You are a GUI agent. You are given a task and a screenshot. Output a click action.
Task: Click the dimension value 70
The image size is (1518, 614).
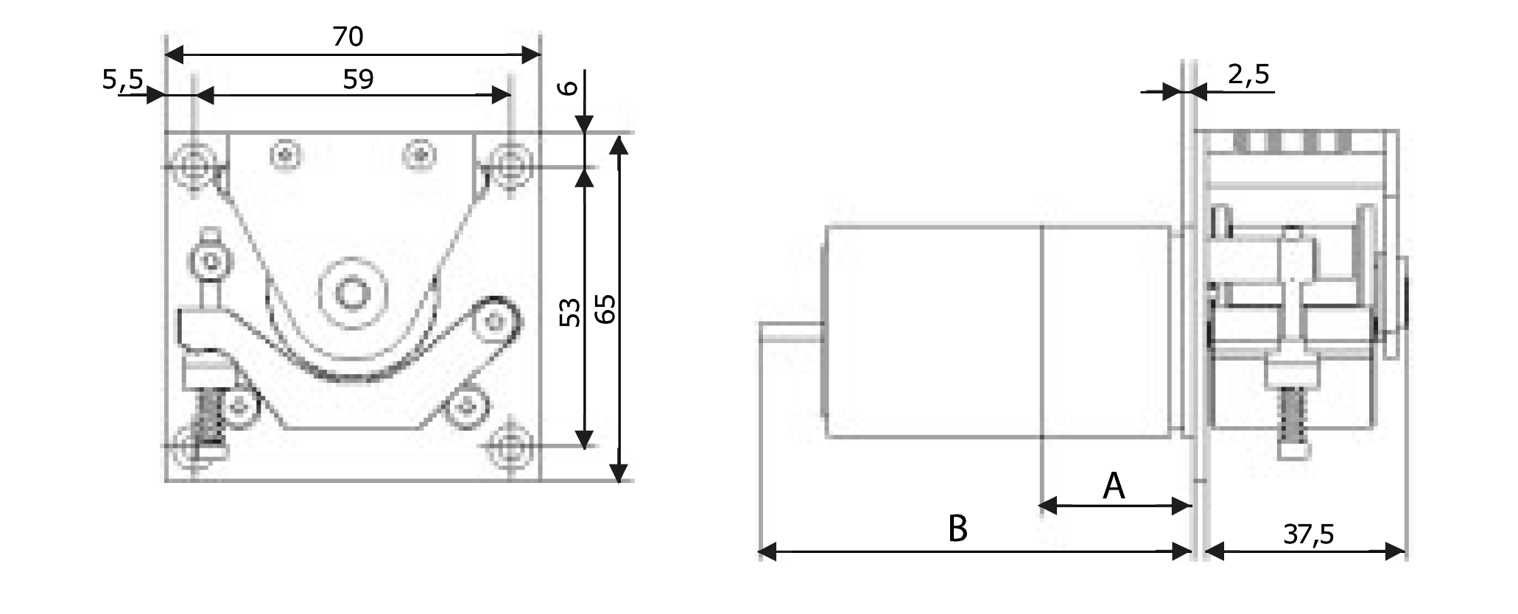pos(348,36)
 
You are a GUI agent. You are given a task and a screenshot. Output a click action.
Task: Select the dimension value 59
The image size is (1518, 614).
pos(358,79)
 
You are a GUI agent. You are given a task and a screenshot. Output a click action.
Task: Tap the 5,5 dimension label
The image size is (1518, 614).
pos(123,80)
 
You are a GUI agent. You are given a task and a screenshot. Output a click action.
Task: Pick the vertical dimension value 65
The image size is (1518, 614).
pos(605,308)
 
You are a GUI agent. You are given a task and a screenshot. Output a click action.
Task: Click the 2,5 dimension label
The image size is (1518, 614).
pos(1249,74)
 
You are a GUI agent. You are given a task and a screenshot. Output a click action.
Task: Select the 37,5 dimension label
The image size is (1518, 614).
pos(1308,534)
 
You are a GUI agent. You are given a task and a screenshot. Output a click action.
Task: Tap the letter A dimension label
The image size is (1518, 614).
pos(1114,487)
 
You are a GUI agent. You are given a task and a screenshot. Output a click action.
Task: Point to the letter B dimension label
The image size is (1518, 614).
pos(957,529)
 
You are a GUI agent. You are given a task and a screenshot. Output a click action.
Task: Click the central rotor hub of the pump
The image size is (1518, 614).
pos(352,292)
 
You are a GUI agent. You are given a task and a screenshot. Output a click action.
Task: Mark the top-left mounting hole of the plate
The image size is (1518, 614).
pos(194,163)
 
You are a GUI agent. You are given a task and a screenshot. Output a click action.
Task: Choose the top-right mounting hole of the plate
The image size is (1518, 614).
pos(509,163)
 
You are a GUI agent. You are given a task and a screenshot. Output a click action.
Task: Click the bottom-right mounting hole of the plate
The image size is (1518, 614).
pos(509,445)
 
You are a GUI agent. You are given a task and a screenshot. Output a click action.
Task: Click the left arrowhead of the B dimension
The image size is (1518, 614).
pos(767,551)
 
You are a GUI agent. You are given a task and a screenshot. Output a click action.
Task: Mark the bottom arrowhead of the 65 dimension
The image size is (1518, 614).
pos(619,472)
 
